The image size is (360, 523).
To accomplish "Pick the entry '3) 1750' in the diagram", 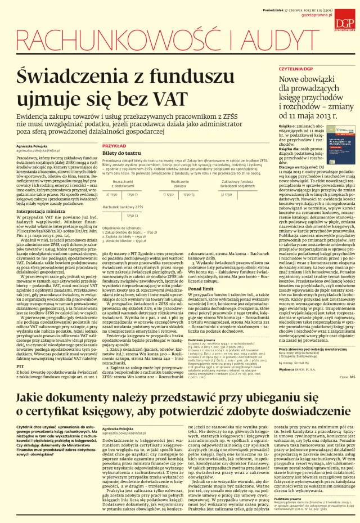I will (227, 195).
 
